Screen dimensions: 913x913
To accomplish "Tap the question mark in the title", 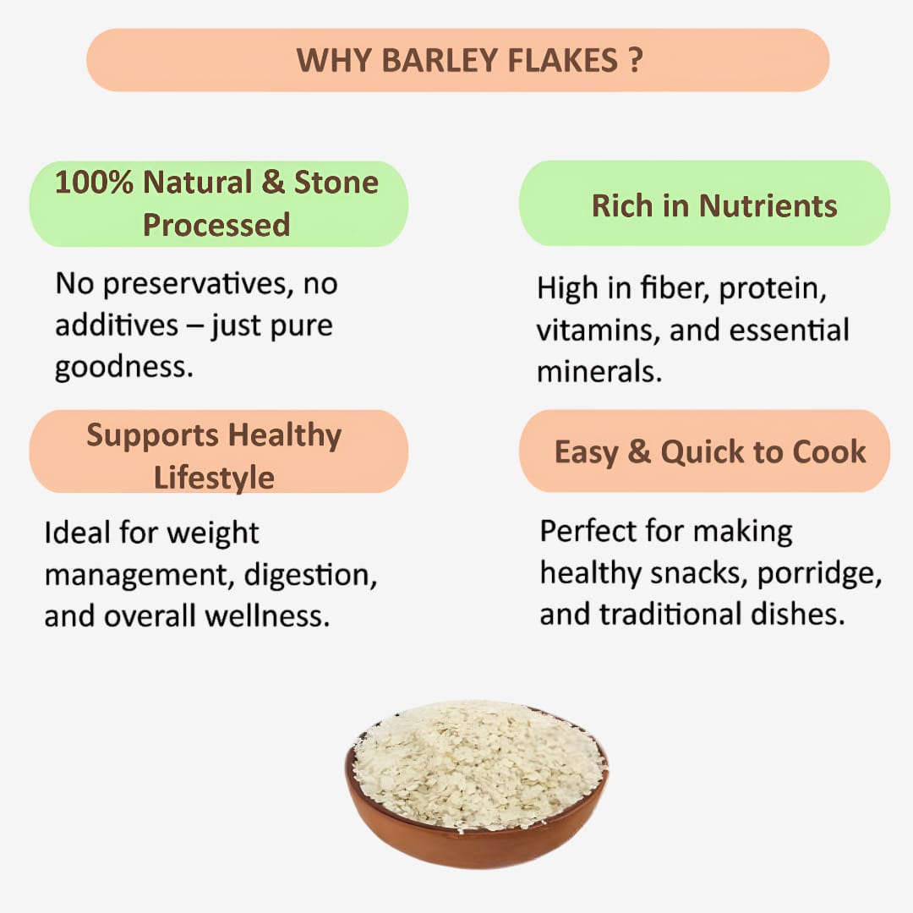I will tap(636, 60).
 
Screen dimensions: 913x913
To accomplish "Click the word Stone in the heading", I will tap(336, 183).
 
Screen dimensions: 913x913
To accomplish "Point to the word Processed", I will tap(216, 225).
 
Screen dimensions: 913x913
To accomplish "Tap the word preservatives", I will tap(174, 284).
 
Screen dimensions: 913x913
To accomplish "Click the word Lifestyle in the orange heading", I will tap(214, 477).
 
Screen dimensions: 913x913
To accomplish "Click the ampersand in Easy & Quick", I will tap(639, 451).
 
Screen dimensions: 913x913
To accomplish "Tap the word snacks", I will tap(697, 574).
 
